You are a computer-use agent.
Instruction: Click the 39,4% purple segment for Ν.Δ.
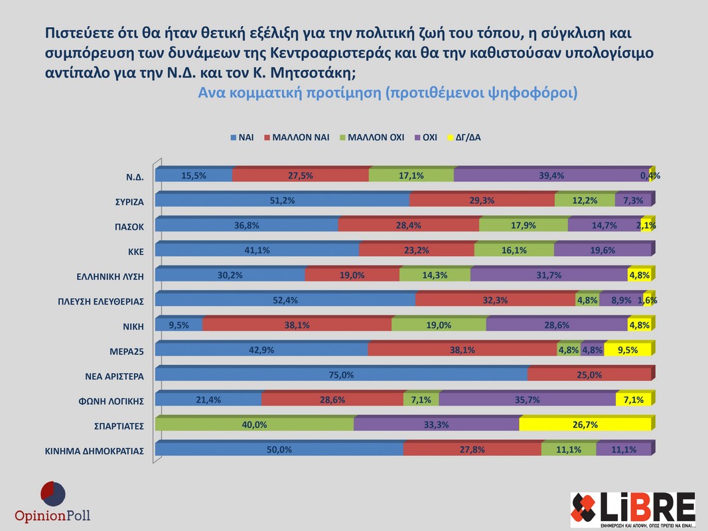point(551,175)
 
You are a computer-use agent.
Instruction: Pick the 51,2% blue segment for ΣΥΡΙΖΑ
point(282,200)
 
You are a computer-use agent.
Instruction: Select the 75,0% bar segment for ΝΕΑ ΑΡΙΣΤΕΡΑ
point(341,375)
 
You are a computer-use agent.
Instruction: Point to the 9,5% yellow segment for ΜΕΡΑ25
point(628,350)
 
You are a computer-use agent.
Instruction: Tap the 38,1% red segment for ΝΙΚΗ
point(297,325)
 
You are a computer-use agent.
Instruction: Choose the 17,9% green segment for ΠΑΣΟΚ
point(524,226)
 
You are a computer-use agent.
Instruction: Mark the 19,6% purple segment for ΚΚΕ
point(602,250)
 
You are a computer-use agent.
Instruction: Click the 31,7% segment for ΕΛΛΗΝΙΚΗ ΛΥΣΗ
point(549,275)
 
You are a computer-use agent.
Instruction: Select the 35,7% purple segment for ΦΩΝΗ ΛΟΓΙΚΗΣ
point(527,400)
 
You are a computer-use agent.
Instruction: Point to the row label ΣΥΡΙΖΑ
point(129,201)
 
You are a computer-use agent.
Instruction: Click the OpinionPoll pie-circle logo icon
point(53,494)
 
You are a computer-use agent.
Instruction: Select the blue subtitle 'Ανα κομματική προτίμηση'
point(289,93)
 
